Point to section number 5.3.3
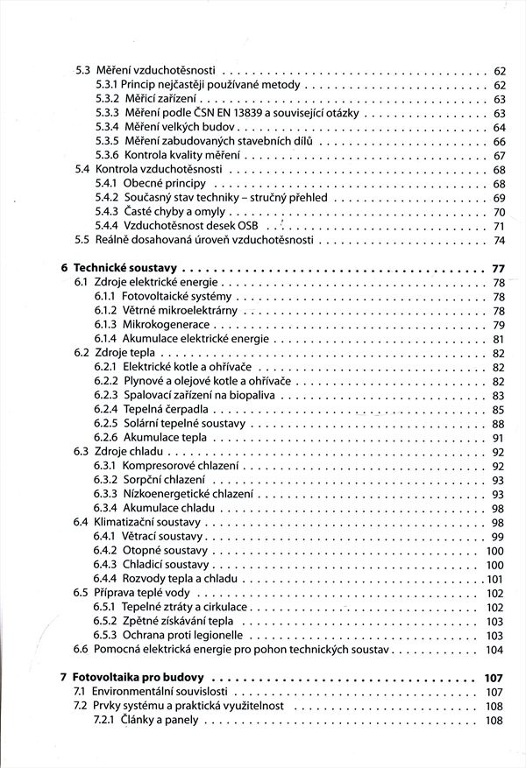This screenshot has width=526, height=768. click(x=106, y=113)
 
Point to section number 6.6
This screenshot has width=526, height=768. click(x=81, y=649)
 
